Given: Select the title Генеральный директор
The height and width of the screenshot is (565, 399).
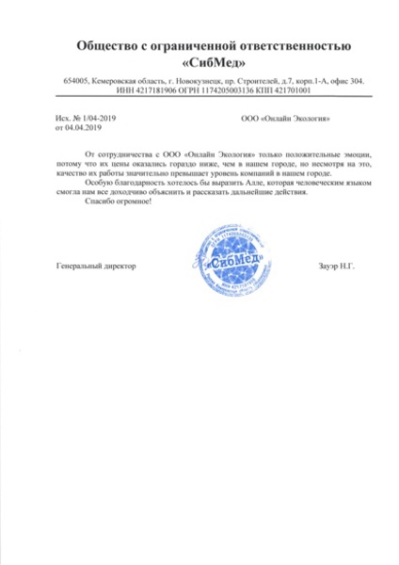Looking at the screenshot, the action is click(84, 266).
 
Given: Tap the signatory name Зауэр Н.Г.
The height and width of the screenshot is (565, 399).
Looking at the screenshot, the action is click(332, 266).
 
